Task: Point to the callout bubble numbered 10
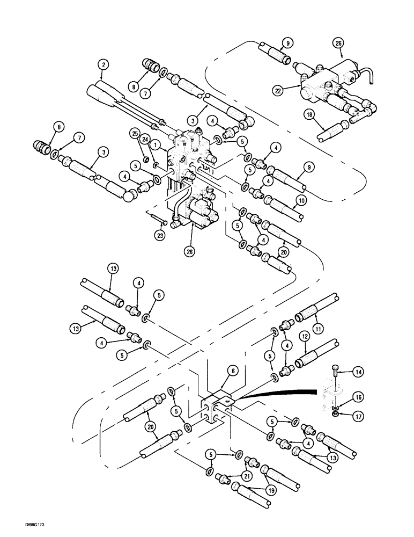301,200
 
